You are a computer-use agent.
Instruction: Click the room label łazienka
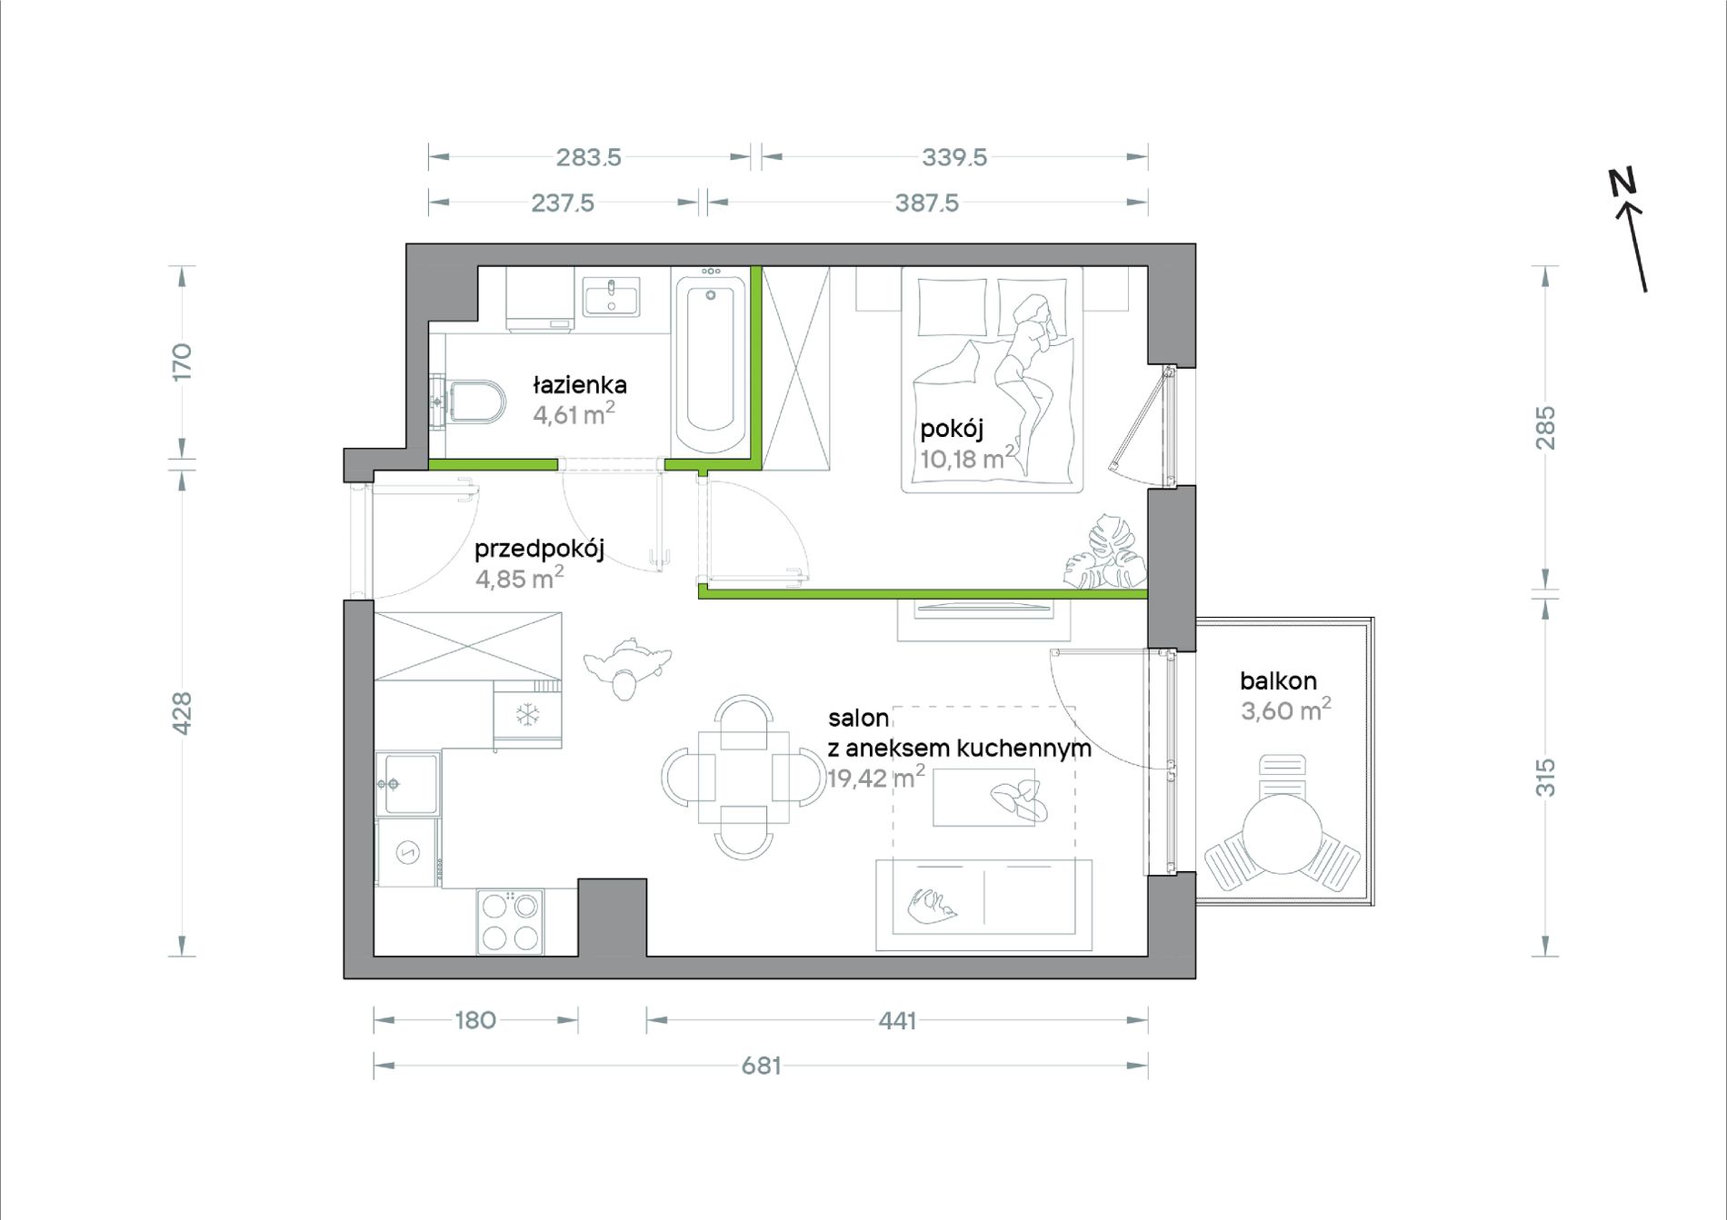(x=579, y=385)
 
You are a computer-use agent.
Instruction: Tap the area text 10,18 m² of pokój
(x=967, y=457)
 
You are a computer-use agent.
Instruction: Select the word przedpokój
(x=539, y=549)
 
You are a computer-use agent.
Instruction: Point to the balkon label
(x=1278, y=680)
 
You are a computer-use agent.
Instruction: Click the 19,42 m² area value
(x=875, y=777)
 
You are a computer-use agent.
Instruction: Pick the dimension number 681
(x=761, y=1066)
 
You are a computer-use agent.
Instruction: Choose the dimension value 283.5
(x=589, y=157)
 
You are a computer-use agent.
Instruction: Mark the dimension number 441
(x=897, y=1020)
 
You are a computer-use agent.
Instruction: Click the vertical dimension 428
(x=182, y=713)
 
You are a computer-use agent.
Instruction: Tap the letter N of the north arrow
(x=1622, y=182)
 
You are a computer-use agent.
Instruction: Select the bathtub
(x=711, y=361)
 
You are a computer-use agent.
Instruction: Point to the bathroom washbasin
(x=611, y=297)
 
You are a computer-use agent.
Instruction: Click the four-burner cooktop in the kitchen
(x=510, y=921)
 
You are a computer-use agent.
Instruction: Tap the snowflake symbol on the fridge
(x=527, y=715)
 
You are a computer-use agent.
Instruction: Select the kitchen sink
(x=408, y=783)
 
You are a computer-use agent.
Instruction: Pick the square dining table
(x=744, y=777)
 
